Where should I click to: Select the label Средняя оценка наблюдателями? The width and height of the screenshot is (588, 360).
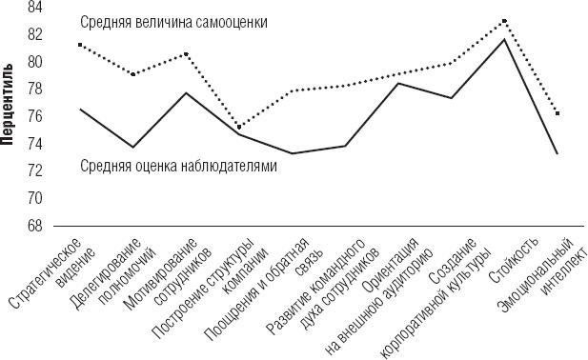(x=178, y=166)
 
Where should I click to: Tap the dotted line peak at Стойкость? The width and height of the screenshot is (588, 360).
(x=504, y=20)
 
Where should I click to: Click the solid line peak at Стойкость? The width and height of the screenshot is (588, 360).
(x=504, y=39)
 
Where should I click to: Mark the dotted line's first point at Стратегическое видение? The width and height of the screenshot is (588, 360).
(x=80, y=45)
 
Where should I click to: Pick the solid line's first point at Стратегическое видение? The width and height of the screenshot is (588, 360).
(x=80, y=110)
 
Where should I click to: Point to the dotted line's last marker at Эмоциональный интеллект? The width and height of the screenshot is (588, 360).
(x=557, y=113)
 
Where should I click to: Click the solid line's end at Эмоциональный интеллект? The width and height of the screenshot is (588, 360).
(x=557, y=154)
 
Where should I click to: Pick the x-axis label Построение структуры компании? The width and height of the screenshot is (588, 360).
(x=217, y=286)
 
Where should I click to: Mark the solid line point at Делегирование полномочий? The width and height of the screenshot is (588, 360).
(x=133, y=147)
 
